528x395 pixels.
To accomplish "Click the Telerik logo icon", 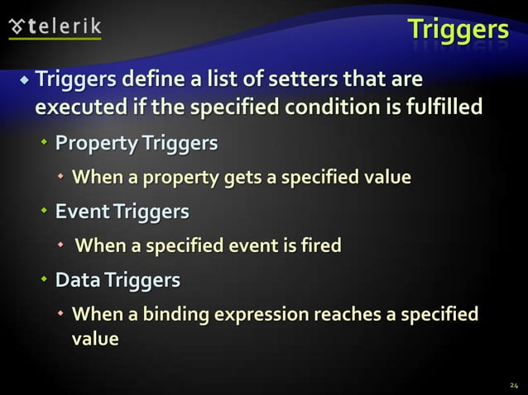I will (x=17, y=25).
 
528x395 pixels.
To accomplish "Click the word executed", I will (x=73, y=108).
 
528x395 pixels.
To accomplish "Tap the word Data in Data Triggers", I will (x=77, y=281).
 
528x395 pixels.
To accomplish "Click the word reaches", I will (x=355, y=315).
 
